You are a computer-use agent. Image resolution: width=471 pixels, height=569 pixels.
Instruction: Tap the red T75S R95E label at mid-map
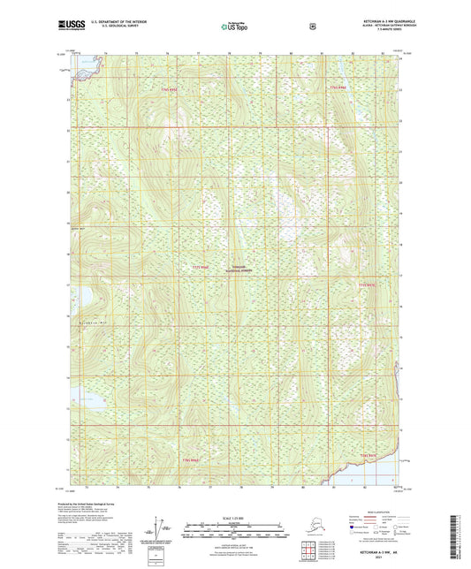[200, 266]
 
